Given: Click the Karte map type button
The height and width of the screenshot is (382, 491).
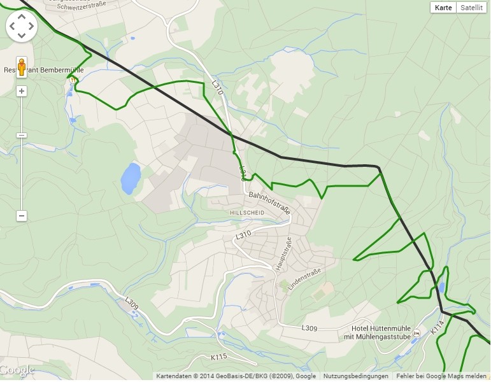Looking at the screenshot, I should (444, 8).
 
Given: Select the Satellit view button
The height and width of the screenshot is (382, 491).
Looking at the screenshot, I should (472, 8).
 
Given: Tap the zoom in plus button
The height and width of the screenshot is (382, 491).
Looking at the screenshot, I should (22, 91).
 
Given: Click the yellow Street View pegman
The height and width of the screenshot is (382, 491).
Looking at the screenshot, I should (22, 67).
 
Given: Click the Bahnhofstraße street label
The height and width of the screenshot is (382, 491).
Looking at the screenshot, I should (269, 202).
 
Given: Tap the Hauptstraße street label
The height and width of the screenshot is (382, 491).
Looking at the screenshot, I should (283, 254).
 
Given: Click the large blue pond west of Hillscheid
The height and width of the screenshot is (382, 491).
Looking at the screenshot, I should (131, 178).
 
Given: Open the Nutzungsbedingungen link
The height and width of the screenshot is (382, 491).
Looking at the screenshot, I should (355, 376).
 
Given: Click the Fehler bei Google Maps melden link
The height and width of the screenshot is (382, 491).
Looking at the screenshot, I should (439, 376).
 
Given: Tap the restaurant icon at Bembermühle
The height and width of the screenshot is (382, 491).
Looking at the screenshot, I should (74, 80).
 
